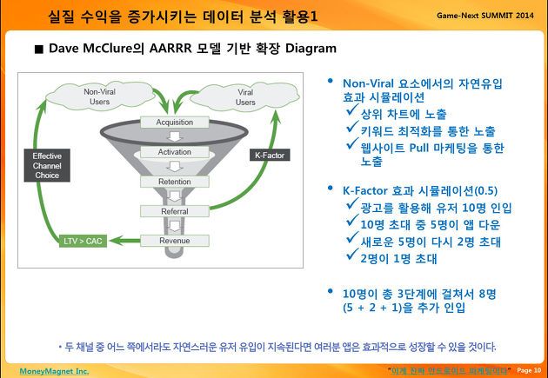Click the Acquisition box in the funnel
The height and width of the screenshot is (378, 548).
click(174, 123)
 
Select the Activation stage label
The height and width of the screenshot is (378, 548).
click(174, 152)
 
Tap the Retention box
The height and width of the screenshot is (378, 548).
click(174, 182)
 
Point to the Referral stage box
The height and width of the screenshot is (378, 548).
click(174, 211)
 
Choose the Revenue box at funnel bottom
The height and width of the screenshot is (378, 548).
click(174, 241)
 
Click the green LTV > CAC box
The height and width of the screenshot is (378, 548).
click(83, 241)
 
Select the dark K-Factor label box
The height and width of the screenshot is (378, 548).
click(270, 156)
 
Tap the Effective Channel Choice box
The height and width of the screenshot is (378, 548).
click(47, 165)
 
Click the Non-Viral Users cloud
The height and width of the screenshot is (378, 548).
click(100, 96)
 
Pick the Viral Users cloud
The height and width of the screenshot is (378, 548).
click(245, 97)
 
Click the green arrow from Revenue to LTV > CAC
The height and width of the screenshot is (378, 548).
click(124, 241)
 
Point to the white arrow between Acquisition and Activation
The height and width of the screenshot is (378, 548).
click(174, 136)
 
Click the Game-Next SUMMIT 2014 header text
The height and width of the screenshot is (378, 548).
click(485, 16)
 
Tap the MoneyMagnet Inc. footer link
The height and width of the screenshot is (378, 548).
click(54, 371)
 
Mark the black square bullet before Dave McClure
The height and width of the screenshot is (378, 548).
click(39, 50)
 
